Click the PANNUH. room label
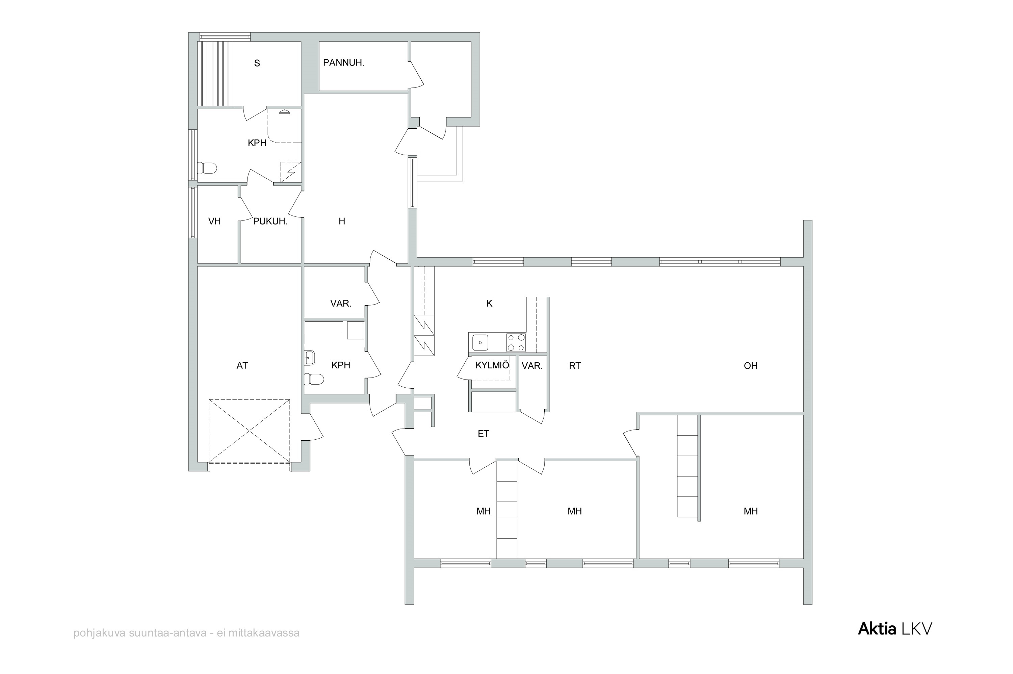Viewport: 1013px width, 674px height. [343, 63]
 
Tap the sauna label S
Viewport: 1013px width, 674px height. [257, 63]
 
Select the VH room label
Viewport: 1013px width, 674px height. [214, 222]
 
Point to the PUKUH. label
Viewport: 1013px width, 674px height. [270, 222]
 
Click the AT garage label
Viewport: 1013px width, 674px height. [242, 365]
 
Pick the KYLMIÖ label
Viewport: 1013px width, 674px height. [492, 365]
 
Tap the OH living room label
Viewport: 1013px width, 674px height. [750, 366]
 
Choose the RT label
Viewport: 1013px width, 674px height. [575, 366]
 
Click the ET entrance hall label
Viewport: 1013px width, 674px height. [484, 434]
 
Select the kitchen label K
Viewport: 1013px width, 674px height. [489, 304]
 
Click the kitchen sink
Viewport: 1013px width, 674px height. [480, 343]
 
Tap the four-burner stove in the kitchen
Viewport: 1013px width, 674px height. [516, 343]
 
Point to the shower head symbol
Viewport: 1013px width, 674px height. [284, 112]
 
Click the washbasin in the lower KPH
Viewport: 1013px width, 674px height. [309, 357]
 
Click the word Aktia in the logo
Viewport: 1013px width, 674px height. [877, 628]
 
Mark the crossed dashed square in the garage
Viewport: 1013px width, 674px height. [249, 431]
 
